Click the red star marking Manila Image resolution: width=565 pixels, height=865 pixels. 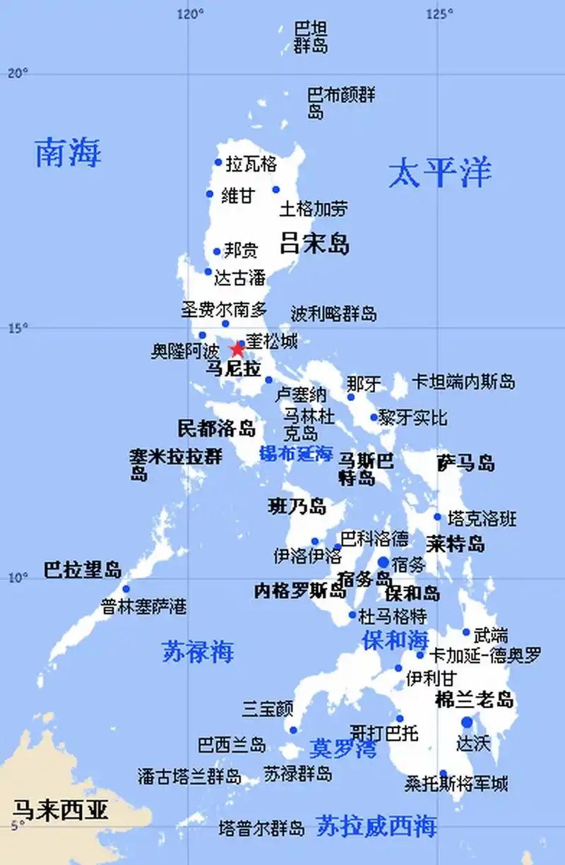(237, 350)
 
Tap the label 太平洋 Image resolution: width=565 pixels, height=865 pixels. (439, 173)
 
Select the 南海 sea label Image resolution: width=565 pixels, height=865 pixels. (69, 153)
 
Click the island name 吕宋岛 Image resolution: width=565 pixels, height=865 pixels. (314, 244)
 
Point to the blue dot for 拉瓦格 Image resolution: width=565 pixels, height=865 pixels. (218, 162)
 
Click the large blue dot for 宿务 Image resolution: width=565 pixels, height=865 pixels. (383, 563)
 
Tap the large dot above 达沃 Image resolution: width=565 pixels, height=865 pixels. (467, 722)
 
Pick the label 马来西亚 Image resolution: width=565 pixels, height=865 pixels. (61, 809)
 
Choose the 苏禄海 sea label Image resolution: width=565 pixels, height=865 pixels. (198, 652)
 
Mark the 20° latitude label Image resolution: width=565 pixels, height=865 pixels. (17, 73)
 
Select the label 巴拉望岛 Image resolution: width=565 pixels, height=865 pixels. (83, 570)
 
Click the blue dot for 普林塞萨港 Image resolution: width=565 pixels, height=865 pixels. (126, 589)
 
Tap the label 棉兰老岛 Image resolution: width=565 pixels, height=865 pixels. (474, 700)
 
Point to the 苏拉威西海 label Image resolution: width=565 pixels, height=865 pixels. (376, 825)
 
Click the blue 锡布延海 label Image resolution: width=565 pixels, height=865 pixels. (296, 453)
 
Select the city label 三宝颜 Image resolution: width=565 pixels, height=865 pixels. (268, 708)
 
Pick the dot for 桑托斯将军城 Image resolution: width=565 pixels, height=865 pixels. (443, 773)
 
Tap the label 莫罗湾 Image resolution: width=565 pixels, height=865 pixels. (343, 748)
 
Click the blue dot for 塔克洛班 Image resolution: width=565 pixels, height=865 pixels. (437, 517)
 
